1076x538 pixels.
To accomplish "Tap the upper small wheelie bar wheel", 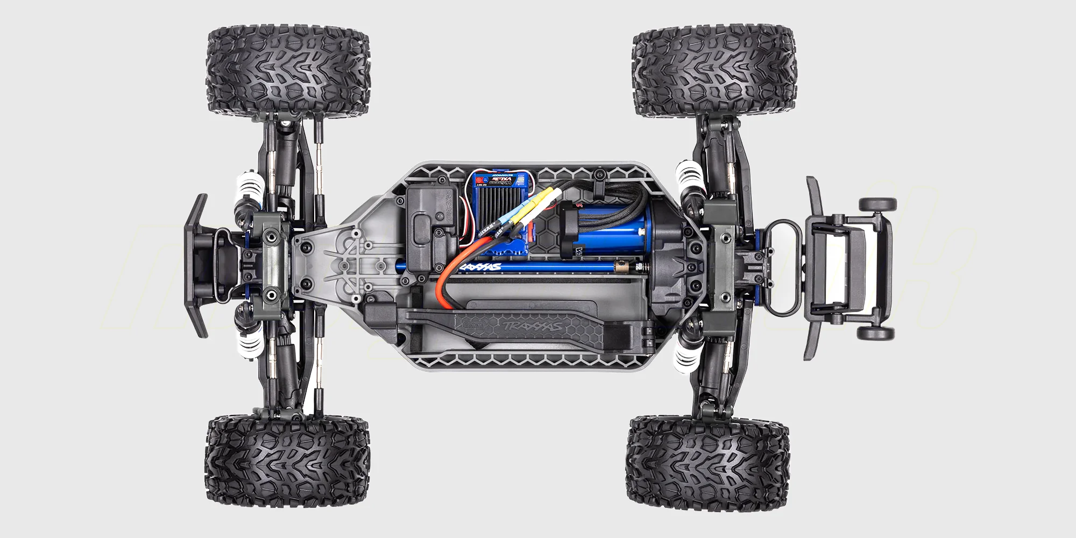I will pyautogui.click(x=877, y=204).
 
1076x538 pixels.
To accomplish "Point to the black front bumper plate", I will pyautogui.click(x=196, y=266).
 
